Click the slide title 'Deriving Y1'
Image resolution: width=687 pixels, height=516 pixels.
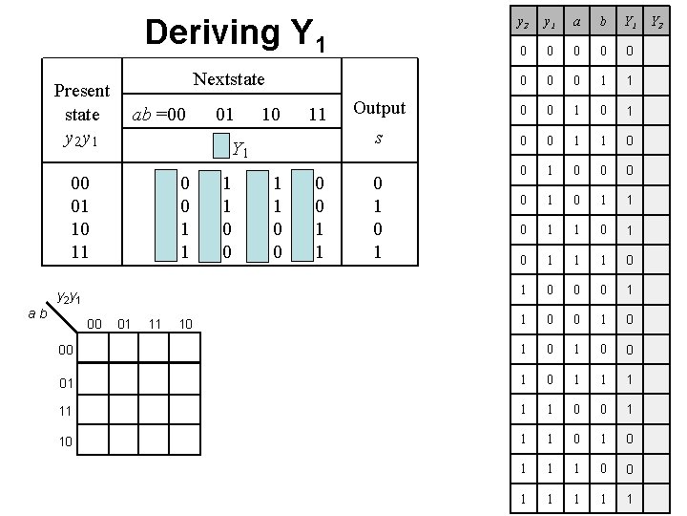tap(236, 33)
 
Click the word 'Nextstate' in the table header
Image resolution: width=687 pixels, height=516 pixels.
tap(229, 78)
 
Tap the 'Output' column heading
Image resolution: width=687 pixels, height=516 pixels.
tap(379, 108)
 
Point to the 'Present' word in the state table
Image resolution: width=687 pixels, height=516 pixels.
tap(82, 91)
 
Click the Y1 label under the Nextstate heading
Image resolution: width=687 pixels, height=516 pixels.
tap(240, 148)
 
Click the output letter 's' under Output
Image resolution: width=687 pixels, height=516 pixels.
tap(379, 138)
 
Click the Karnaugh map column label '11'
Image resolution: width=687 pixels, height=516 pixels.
tap(155, 325)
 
